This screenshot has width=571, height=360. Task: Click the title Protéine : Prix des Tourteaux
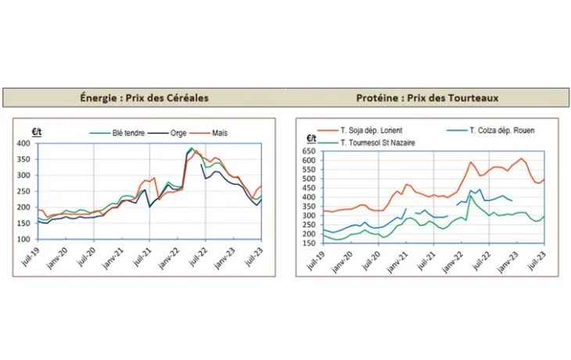tap(427, 98)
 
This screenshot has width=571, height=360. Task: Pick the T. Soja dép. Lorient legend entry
tap(374, 130)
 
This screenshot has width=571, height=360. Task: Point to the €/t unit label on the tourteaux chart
tap(311, 139)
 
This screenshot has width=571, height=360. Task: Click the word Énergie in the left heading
tap(100, 98)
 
